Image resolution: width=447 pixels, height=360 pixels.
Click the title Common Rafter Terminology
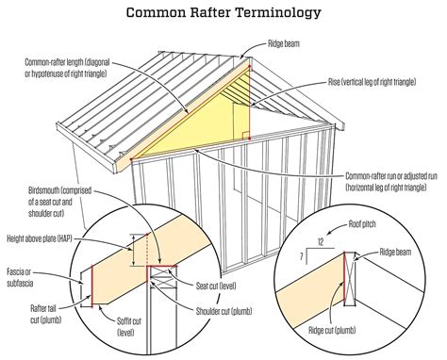(223, 12)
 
